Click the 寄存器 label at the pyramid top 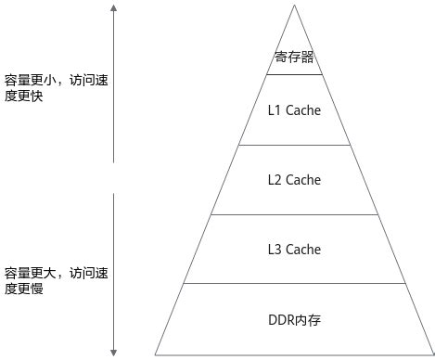[294, 58]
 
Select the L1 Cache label [294, 111]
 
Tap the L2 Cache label [294, 180]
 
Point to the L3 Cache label [294, 250]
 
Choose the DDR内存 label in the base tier [294, 320]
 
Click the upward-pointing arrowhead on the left [113, 9]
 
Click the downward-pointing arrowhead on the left [113, 351]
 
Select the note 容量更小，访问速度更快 [56, 88]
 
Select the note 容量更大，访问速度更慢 [56, 280]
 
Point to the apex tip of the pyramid [294, 6]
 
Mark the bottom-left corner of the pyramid [156, 354]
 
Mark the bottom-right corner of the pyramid [433, 354]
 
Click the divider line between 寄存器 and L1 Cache [294, 74]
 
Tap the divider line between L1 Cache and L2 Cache [294, 145]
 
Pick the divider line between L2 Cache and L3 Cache [294, 215]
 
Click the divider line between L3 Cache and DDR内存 [294, 285]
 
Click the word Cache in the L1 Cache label [303, 111]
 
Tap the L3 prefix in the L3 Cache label [275, 250]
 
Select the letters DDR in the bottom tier [280, 320]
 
